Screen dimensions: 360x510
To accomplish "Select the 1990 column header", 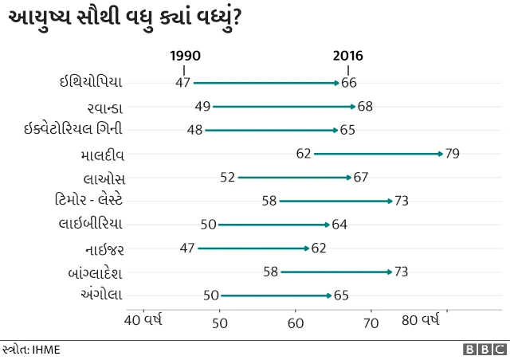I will point(186,56).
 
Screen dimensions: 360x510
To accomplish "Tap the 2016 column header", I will point(347,56).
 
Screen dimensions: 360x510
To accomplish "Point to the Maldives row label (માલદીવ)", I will point(102,154).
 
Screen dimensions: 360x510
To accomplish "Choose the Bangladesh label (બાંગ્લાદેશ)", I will point(96,272).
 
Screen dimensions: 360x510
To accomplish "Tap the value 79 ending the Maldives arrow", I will point(452,154).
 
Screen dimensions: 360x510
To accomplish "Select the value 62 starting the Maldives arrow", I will point(303,154).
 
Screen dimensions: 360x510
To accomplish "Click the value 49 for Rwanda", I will point(202,106).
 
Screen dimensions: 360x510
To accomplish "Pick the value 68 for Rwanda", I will point(365,106).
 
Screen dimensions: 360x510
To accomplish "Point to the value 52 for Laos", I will point(227,177).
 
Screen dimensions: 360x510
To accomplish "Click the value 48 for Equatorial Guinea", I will point(194,129).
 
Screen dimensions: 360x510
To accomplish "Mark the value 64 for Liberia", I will point(339,225).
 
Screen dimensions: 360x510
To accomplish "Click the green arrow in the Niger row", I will point(253,248).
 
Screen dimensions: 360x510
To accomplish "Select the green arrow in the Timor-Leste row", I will point(335,201).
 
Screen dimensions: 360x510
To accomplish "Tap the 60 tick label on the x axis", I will point(296,323).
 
